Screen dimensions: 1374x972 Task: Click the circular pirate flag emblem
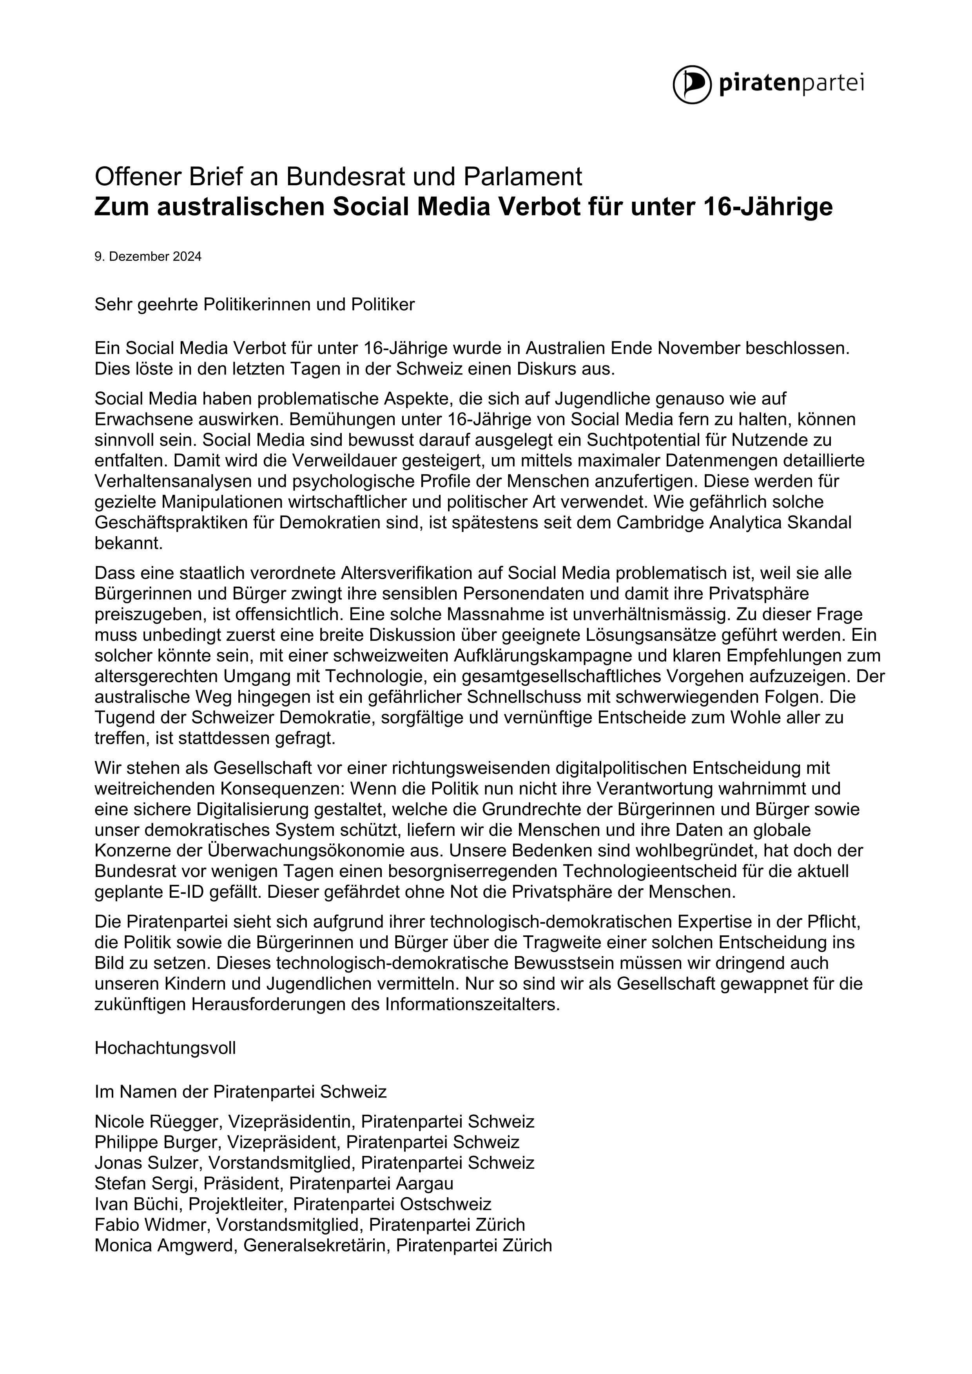click(x=692, y=84)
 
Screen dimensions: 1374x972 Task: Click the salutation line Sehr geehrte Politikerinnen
click(x=254, y=305)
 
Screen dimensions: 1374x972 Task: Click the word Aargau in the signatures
click(x=424, y=1184)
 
